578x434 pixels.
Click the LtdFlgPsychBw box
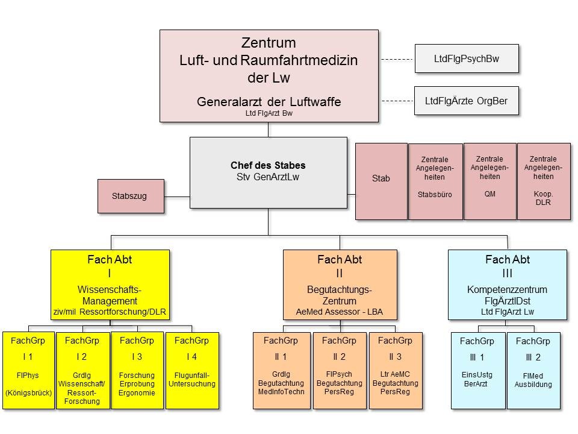466,58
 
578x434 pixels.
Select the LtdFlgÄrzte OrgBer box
466,101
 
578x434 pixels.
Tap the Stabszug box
131,196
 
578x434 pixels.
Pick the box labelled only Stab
381,181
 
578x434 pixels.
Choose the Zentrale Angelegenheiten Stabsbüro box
435,181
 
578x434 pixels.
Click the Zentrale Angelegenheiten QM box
489,181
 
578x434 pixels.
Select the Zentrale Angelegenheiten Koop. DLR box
544,181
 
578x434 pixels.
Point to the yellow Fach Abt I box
110,284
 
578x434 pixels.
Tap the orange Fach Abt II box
340,284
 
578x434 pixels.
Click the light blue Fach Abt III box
507,284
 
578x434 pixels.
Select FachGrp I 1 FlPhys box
28,370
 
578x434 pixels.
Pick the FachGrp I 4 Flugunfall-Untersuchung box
192,370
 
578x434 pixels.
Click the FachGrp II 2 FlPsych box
340,370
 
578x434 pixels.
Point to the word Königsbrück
28,393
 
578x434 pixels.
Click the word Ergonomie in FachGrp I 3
137,393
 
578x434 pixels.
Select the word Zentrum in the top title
269,43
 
